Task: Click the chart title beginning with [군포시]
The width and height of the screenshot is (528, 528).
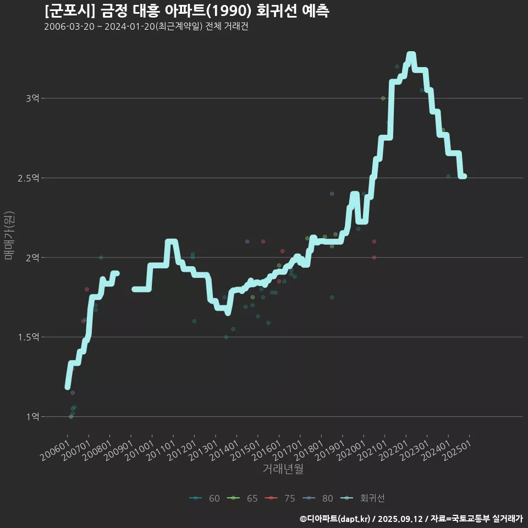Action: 186,11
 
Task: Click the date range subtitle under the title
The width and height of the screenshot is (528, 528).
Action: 146,27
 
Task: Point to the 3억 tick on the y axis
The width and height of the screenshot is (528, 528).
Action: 32,98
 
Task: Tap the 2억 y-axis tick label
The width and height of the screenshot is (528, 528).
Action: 32,257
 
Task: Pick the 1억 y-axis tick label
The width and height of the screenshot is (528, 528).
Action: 32,417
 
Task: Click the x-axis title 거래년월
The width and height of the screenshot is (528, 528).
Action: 283,469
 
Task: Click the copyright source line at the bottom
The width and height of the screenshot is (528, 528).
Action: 411,519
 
